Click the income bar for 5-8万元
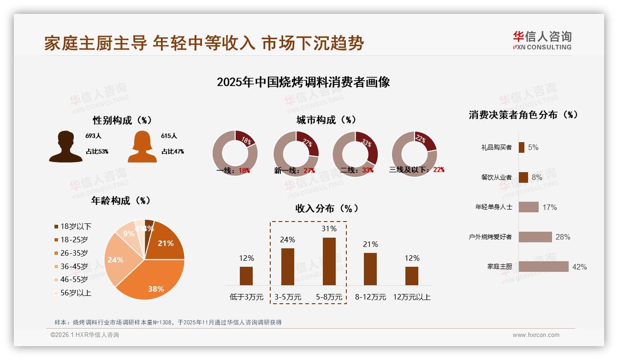point(329,261)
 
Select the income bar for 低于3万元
point(246,276)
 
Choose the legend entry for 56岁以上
point(73,293)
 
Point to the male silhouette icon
point(66,147)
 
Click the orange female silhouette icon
point(142,147)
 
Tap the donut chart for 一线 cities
point(235,153)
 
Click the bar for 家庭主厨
point(543,266)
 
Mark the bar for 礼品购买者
point(521,147)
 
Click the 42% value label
point(579,267)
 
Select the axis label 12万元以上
point(411,297)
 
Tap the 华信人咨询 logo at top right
point(542,41)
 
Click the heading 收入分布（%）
point(327,209)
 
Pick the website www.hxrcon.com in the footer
point(536,335)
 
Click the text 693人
point(93,136)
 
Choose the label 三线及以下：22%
point(417,170)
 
